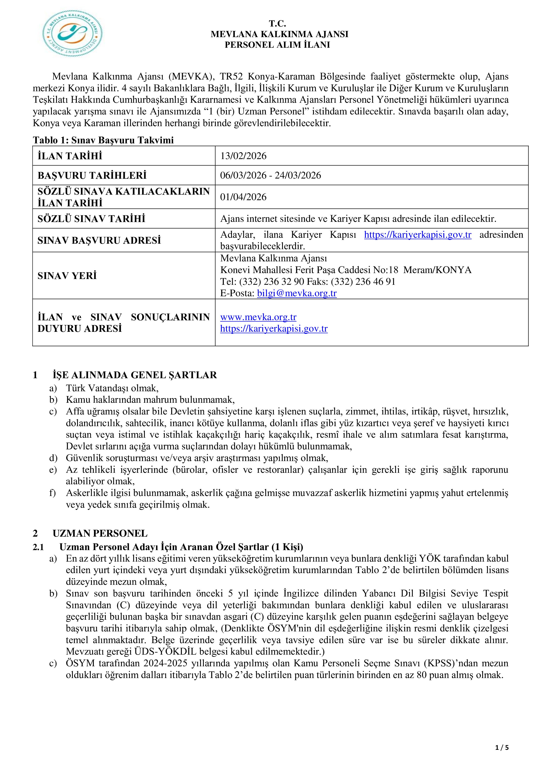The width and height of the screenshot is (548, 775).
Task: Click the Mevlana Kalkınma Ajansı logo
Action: pos(72,33)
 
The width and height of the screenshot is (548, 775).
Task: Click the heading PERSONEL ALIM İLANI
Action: pos(277,45)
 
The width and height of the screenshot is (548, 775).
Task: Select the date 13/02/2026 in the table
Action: pos(243,156)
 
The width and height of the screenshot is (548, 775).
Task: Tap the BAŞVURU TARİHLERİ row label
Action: pos(92,175)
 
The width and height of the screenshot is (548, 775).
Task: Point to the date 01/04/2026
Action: pos(243,197)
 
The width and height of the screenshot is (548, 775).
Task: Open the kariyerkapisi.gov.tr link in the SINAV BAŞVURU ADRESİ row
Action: pos(417,235)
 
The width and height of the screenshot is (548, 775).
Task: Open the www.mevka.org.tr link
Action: pos(258,317)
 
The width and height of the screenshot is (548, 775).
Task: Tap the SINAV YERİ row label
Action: pos(67,276)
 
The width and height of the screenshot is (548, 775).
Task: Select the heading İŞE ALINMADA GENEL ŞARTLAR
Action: pos(135,375)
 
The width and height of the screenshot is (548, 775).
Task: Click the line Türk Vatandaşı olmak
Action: pos(112,388)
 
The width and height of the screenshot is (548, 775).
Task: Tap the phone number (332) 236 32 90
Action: pos(272,281)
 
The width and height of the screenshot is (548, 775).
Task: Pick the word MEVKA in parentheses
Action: pos(191,77)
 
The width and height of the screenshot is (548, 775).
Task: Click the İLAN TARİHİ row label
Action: pos(70,156)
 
